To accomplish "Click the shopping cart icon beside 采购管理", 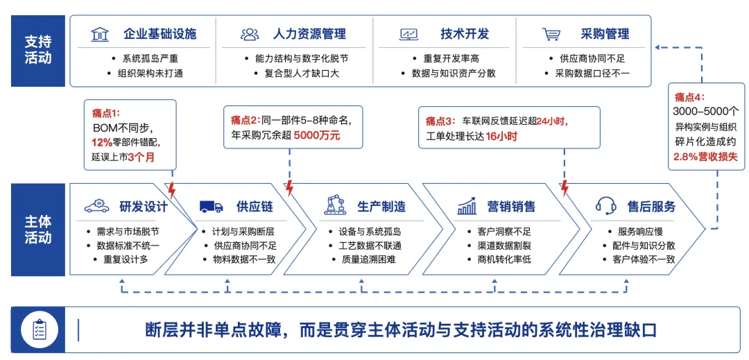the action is click(551, 35).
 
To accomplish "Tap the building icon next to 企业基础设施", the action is click(100, 35).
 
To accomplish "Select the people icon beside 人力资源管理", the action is click(250, 35).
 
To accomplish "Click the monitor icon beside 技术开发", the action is click(408, 35).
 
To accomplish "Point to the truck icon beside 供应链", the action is click(211, 206).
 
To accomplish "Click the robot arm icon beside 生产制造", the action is click(337, 205).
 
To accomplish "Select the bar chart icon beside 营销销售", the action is click(467, 205).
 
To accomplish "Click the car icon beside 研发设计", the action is click(96, 206).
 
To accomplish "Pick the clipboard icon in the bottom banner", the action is click(40, 330).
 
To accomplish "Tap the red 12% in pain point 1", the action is click(101, 142).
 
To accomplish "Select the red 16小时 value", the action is click(502, 135).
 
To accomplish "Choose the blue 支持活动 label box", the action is click(38, 51).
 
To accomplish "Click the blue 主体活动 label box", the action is click(38, 230).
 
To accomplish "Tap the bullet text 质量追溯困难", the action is click(369, 260).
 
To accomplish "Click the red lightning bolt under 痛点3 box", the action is click(564, 188).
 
